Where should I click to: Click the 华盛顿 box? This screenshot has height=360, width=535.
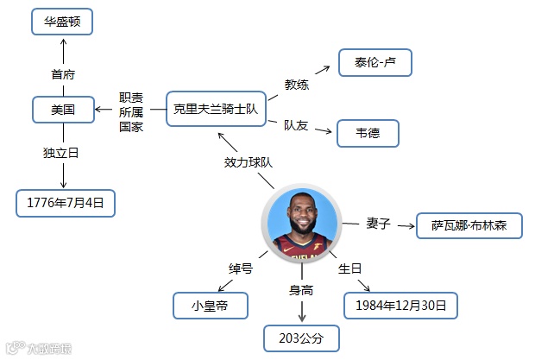[62, 22]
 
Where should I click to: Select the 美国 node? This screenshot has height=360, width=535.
[62, 110]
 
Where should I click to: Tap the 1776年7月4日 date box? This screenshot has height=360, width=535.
[66, 204]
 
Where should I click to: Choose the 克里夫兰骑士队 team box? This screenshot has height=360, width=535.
[215, 110]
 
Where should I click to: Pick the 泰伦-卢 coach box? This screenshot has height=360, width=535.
[373, 63]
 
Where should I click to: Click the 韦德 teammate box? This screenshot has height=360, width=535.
[367, 133]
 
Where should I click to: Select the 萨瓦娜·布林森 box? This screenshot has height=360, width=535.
[469, 225]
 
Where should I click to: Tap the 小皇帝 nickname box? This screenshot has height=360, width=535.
[211, 305]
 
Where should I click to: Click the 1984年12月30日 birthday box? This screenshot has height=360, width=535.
[400, 306]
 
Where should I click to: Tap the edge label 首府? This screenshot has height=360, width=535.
[63, 74]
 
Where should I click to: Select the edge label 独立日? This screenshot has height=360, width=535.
[61, 153]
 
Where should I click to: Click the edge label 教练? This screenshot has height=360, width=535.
[297, 85]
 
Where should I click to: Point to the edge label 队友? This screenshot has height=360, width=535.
[297, 125]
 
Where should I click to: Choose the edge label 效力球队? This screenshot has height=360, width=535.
[249, 161]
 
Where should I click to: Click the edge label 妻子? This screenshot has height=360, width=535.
[379, 223]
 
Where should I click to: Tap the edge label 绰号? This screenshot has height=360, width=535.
[240, 268]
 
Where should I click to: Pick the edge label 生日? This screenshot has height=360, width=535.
[349, 268]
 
